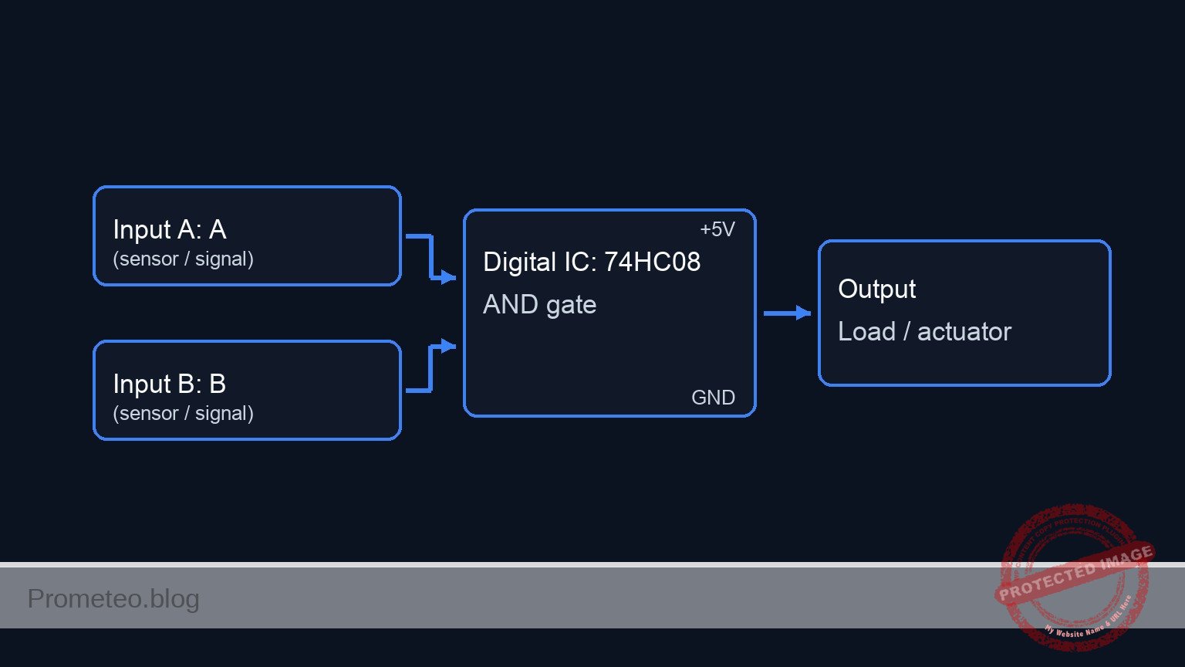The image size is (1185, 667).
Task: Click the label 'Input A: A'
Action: point(169,229)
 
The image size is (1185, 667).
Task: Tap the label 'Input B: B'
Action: point(169,384)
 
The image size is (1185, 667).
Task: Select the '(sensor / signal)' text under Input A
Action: point(183,259)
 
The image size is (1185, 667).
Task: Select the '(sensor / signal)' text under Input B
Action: point(183,413)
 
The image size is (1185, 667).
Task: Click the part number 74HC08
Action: point(652,262)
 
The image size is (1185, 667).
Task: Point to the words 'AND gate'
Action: point(539,305)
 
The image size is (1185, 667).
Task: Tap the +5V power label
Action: point(717,229)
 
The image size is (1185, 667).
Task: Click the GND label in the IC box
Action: point(713,398)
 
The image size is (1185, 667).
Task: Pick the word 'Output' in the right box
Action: point(876,289)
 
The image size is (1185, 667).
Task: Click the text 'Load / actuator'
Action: point(924,331)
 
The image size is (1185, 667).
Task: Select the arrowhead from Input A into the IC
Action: point(448,276)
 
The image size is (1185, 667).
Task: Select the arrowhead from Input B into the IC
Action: point(448,346)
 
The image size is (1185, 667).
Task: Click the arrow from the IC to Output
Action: point(787,313)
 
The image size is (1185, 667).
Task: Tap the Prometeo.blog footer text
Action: point(113,598)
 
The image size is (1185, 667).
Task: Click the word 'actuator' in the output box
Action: point(964,331)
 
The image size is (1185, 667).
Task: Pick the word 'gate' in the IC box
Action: point(571,305)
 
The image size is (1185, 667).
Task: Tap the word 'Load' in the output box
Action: point(866,331)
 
